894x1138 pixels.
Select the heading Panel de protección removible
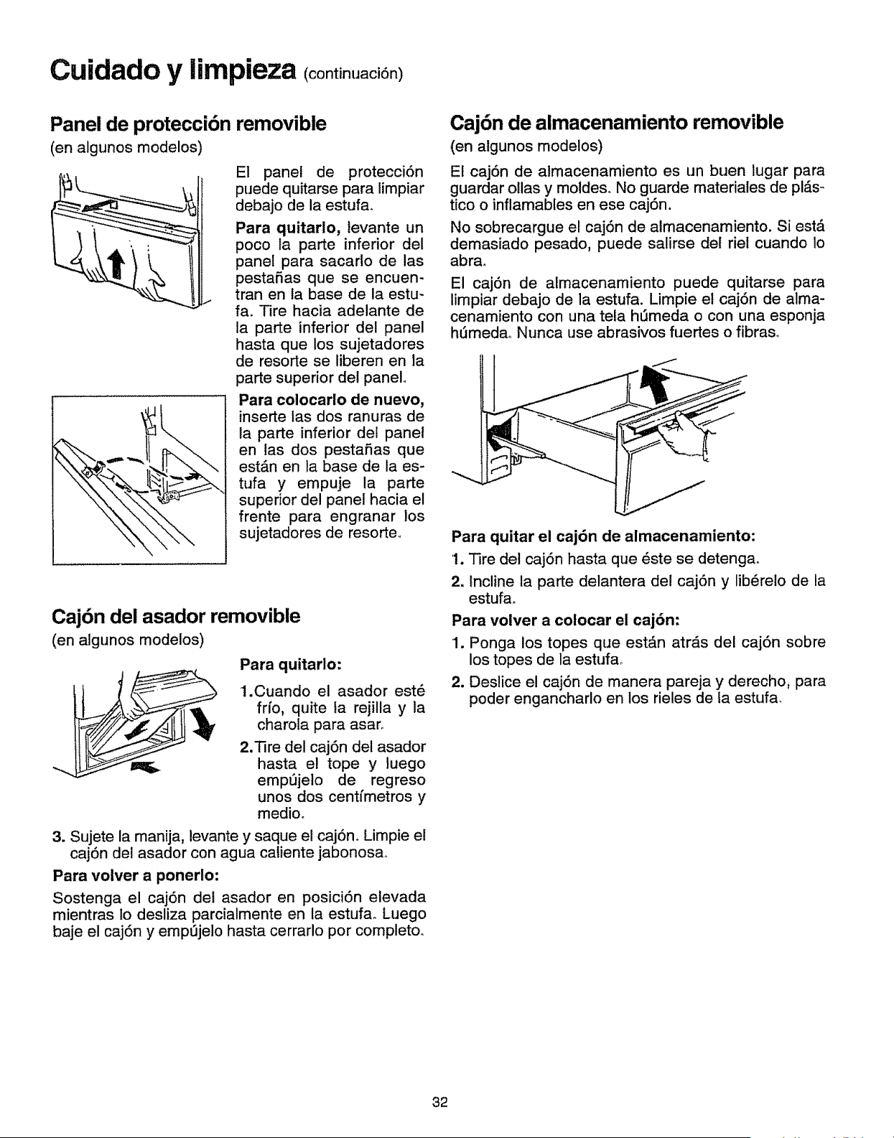(x=189, y=124)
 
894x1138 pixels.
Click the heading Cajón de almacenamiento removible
(x=617, y=123)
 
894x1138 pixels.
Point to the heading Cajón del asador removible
(x=176, y=617)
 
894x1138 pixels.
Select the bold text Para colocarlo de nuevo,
(x=331, y=401)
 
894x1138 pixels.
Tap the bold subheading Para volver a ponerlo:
(x=136, y=876)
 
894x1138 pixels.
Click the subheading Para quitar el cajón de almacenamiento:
(x=602, y=537)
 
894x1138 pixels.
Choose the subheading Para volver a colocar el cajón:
(x=566, y=620)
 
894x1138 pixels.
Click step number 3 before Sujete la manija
(x=59, y=836)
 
